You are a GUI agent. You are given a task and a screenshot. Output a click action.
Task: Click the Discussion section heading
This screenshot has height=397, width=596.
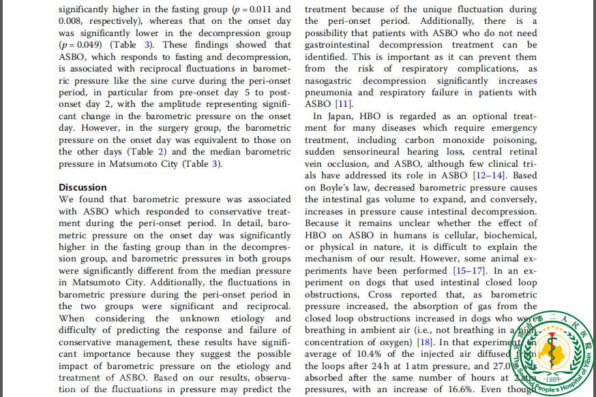(83, 187)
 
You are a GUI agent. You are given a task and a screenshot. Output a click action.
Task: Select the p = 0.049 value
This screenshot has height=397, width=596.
(83, 45)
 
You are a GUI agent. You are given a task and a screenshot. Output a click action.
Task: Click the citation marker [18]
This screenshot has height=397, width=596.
(425, 342)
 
